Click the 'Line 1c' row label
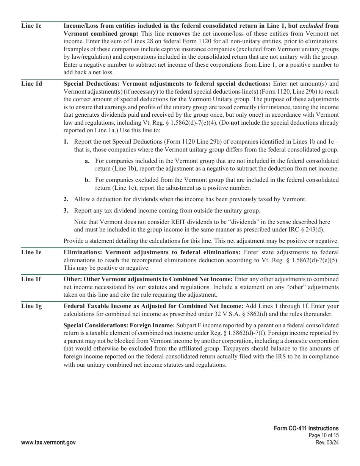click(x=31, y=26)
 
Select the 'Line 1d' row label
click(x=31, y=84)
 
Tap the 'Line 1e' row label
click(x=31, y=252)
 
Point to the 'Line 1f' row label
click(x=31, y=279)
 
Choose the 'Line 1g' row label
click(x=31, y=306)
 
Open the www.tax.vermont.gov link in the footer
click(x=49, y=443)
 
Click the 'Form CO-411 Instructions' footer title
click(x=306, y=428)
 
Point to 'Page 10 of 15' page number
click(x=324, y=436)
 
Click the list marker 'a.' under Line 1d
click(x=87, y=161)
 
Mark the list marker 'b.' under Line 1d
click(x=87, y=180)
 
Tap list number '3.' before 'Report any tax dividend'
click(x=66, y=211)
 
